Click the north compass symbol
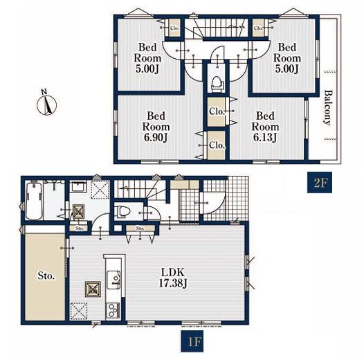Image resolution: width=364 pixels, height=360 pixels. coord(46,103)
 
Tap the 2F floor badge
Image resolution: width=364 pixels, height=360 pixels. coord(320,182)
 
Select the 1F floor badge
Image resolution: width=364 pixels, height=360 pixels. coord(192,341)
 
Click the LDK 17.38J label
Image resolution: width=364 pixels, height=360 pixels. coord(173,278)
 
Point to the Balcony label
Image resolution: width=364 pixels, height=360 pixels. coord(327,108)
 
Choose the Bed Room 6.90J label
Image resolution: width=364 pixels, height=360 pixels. coord(156,127)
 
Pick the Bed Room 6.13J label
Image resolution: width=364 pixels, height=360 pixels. coord(265,127)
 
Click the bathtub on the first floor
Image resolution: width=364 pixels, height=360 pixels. coord(34,201)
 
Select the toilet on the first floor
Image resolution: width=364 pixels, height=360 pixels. coord(123,212)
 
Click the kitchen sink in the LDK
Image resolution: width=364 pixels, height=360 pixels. coord(113,280)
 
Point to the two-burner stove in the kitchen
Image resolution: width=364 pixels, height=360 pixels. coord(113,310)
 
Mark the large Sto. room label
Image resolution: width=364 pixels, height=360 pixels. coord(46,276)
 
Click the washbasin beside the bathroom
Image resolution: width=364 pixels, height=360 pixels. coord(78,187)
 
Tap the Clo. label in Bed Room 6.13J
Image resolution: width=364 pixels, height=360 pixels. coord(217,111)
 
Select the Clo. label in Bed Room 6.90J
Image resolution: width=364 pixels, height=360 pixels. coord(217,145)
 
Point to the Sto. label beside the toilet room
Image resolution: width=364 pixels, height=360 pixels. coord(140,228)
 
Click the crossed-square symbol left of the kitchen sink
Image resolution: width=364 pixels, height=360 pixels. coord(93,289)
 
